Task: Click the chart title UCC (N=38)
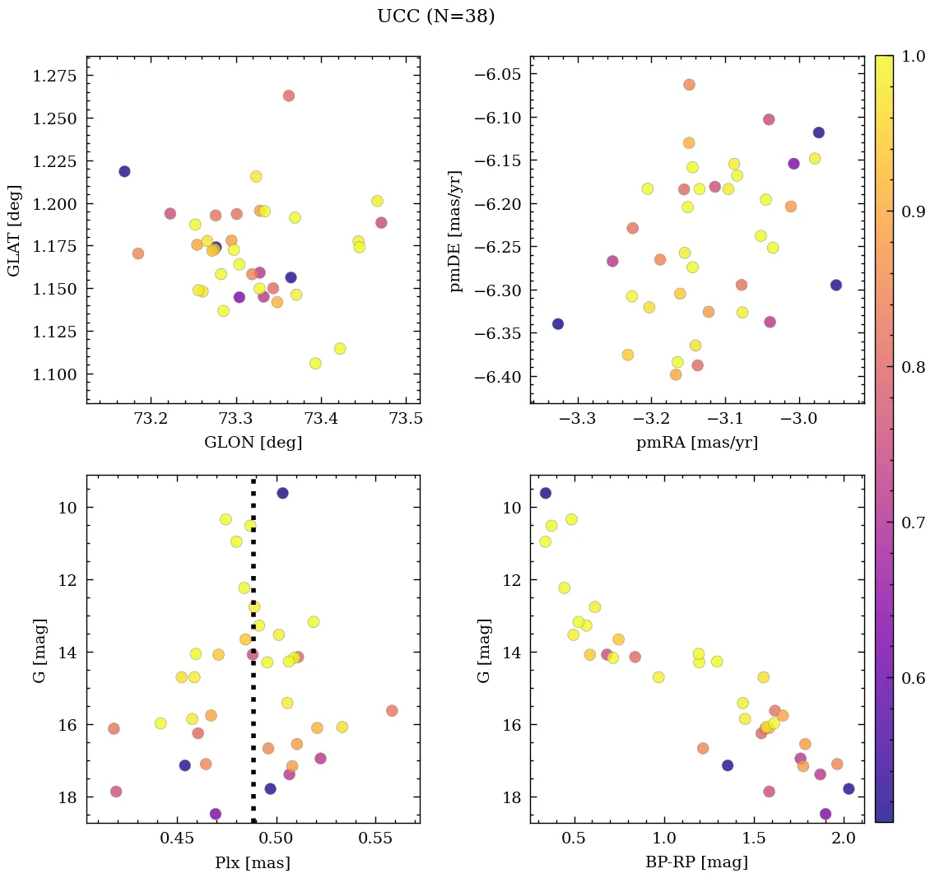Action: pos(435,16)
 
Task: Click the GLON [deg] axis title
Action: pos(253,443)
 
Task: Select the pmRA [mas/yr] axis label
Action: pos(696,443)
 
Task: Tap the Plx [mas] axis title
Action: pos(253,862)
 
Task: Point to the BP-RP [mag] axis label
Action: pos(696,862)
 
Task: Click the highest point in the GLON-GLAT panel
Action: pos(289,95)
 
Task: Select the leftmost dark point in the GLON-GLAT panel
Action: pos(124,171)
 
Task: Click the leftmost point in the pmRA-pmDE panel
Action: pos(558,323)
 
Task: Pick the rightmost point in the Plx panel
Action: pos(392,710)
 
